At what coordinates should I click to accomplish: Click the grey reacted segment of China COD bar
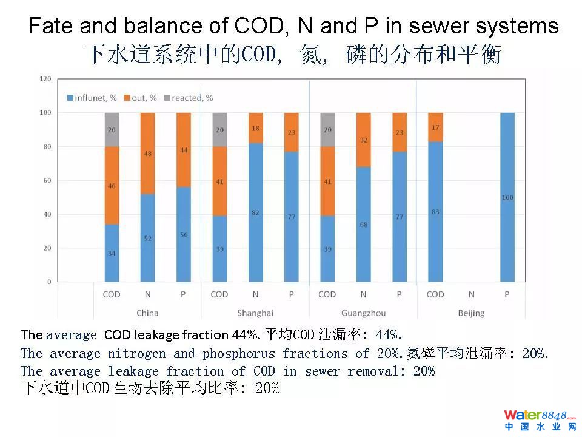(x=112, y=129)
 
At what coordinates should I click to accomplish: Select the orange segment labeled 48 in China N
(x=147, y=154)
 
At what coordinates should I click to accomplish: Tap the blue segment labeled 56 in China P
(x=183, y=235)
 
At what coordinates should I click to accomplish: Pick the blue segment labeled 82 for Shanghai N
(x=255, y=212)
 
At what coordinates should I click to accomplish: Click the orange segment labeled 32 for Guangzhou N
(x=363, y=140)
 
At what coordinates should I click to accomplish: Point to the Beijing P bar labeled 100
(x=507, y=197)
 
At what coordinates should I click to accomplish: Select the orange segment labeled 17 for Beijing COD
(x=435, y=127)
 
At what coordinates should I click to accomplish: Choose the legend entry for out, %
(x=141, y=98)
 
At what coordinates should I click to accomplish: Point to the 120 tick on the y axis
(x=45, y=79)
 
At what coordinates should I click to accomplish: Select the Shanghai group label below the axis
(x=255, y=313)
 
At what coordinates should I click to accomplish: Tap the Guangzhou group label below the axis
(x=363, y=313)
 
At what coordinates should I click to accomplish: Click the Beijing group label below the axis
(x=471, y=313)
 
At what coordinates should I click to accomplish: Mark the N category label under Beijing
(x=471, y=294)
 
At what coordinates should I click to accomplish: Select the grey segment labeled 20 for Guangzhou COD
(x=327, y=129)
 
